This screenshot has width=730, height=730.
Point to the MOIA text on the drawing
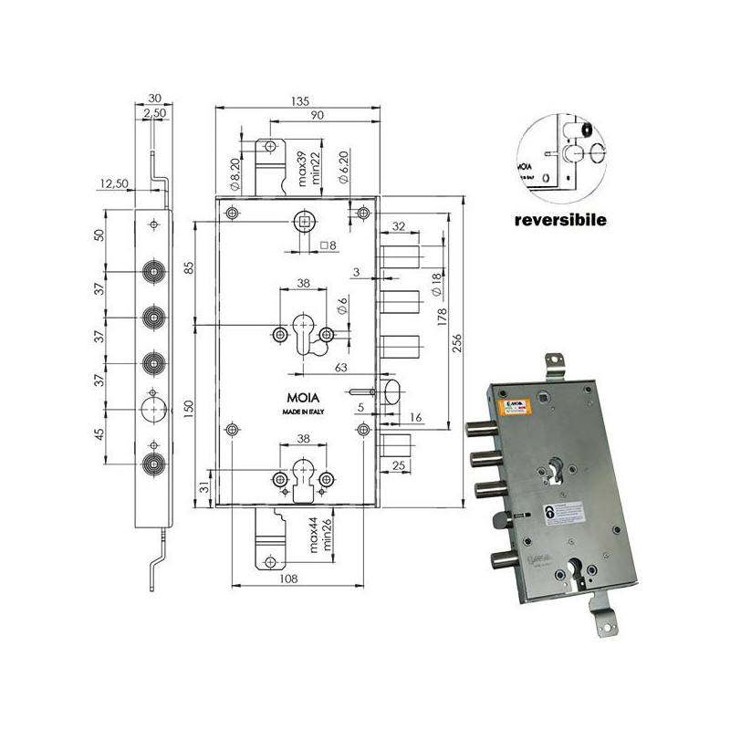point(300,399)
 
